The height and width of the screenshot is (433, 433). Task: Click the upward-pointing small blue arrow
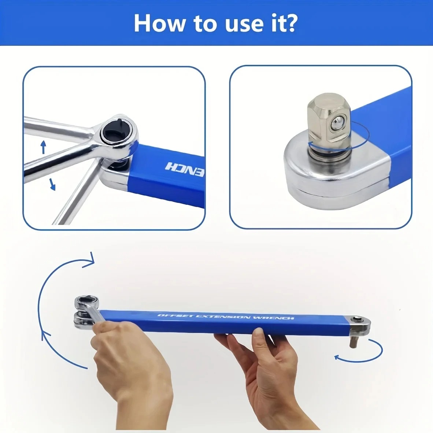click(x=43, y=147)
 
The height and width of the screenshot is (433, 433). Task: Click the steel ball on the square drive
click(x=337, y=123)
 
